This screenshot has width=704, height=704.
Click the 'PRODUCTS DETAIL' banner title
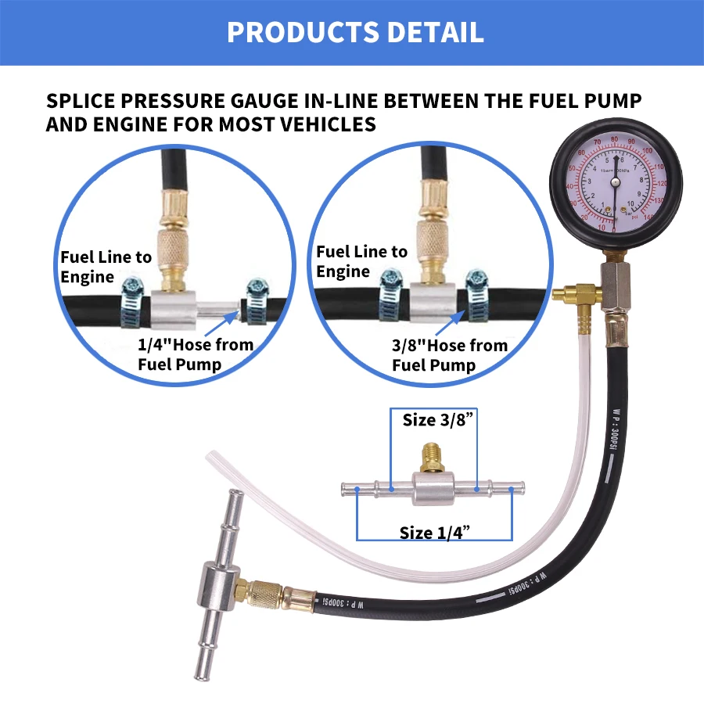[355, 32]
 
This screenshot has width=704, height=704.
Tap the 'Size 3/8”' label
[434, 420]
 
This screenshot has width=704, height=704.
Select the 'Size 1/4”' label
[433, 533]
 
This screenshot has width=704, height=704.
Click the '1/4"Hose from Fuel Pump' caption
[196, 354]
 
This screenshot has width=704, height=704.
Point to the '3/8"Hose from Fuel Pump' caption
[450, 355]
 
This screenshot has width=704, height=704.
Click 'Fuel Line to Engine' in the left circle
[106, 267]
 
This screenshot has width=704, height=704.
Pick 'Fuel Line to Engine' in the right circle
[361, 261]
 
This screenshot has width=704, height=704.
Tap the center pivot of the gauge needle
[615, 181]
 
